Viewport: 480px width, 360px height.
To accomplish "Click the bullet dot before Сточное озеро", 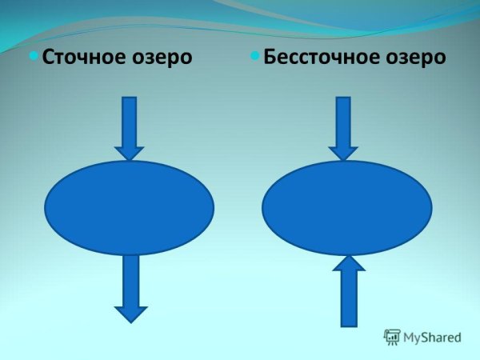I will [34, 56].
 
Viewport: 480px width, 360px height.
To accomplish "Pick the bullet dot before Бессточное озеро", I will [255, 56].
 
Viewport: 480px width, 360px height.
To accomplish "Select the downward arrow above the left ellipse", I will [129, 127].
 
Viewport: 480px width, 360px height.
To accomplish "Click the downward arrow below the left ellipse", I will [131, 287].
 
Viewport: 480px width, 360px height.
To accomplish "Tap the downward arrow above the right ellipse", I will [343, 127].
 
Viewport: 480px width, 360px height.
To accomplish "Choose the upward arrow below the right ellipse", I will [349, 291].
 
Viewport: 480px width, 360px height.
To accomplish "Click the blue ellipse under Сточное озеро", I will [130, 207].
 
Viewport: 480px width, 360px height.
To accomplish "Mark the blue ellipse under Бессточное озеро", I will [347, 207].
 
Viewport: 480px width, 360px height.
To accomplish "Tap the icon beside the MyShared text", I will [392, 337].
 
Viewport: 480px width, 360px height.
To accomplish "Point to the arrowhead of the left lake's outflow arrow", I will [131, 313].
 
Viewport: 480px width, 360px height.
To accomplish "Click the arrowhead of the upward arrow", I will [349, 264].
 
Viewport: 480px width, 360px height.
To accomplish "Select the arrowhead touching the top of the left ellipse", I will [129, 152].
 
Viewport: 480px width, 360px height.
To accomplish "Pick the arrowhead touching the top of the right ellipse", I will [343, 152].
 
